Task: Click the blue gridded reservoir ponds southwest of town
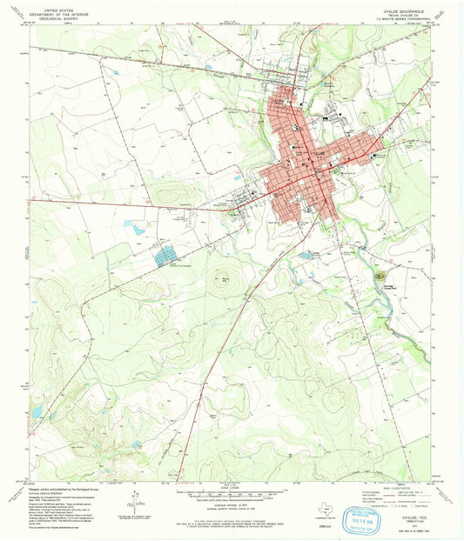[165, 255]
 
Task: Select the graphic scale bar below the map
[232, 496]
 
